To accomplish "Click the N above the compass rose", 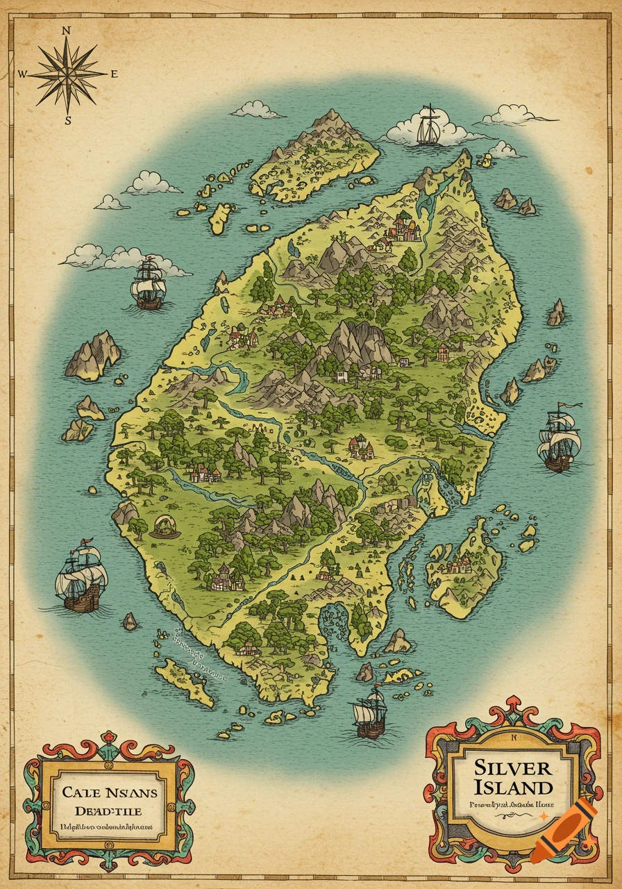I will [x=67, y=31].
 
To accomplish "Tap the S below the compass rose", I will [x=68, y=119].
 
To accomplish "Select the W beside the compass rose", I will [x=22, y=74].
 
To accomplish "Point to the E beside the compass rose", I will [x=115, y=74].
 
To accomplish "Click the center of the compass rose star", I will [x=68, y=74].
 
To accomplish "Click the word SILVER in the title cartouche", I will [x=513, y=767].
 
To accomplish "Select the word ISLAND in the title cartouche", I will [x=514, y=788].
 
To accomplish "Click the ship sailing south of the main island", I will [x=369, y=713].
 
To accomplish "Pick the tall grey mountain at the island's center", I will [x=358, y=342].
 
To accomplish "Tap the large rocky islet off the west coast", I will [x=92, y=355].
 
